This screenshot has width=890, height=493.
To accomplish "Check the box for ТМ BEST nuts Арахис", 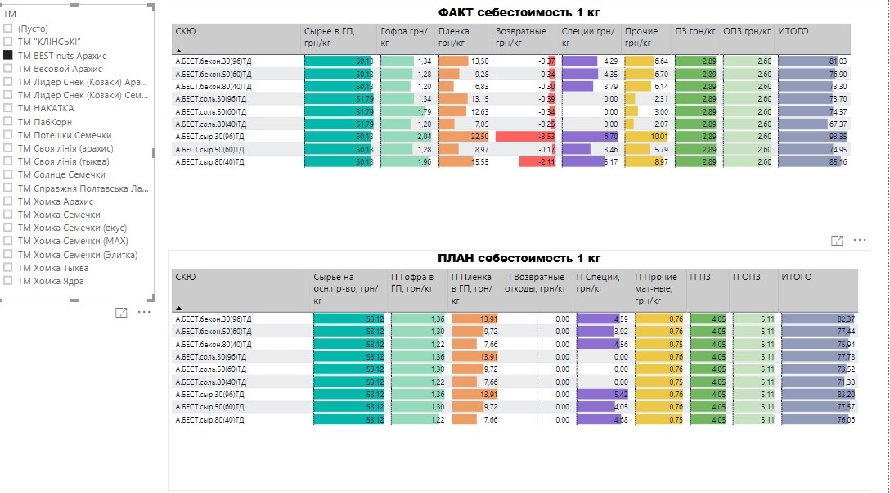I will [x=8, y=55].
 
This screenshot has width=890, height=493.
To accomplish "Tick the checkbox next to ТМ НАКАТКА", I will [x=8, y=108].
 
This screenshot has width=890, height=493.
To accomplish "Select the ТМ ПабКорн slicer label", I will [x=45, y=122].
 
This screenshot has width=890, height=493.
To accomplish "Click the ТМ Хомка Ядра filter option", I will [x=50, y=281].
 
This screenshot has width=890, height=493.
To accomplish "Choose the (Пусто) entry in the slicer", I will [x=32, y=29].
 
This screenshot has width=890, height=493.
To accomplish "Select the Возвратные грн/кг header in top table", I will [x=522, y=37].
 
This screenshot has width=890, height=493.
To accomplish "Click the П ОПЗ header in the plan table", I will [x=746, y=277].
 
